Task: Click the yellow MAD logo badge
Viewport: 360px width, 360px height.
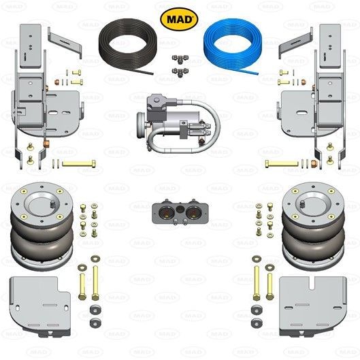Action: pos(179,19)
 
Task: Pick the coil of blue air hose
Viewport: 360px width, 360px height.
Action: pos(232,46)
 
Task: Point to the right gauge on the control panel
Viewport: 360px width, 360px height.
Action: pos(193,212)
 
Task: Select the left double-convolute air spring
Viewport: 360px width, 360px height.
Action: pos(42,226)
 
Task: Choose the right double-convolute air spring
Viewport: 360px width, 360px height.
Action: pos(314,226)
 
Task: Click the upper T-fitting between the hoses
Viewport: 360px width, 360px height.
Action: pos(180,59)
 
